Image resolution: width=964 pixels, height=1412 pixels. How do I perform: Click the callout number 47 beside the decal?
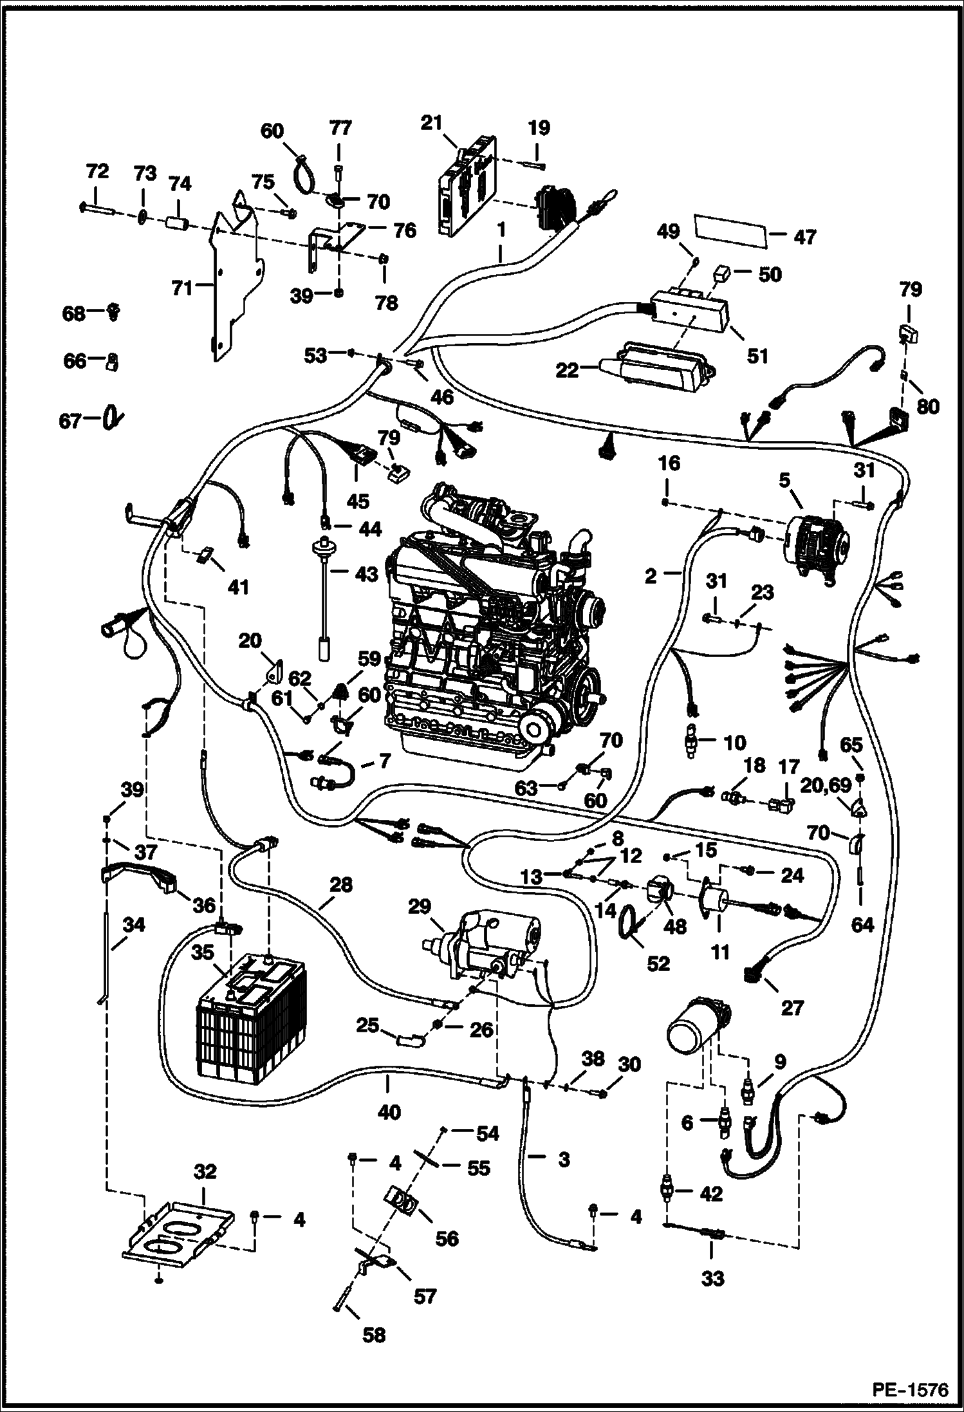tap(804, 237)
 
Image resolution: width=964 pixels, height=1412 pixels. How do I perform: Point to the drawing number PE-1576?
tap(910, 1389)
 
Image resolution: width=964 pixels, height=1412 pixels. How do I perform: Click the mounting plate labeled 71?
tap(235, 283)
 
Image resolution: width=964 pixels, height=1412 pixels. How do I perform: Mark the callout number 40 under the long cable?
tap(389, 1111)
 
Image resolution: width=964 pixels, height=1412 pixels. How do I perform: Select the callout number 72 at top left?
tap(98, 172)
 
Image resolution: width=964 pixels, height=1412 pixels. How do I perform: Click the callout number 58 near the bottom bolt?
tap(373, 1335)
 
